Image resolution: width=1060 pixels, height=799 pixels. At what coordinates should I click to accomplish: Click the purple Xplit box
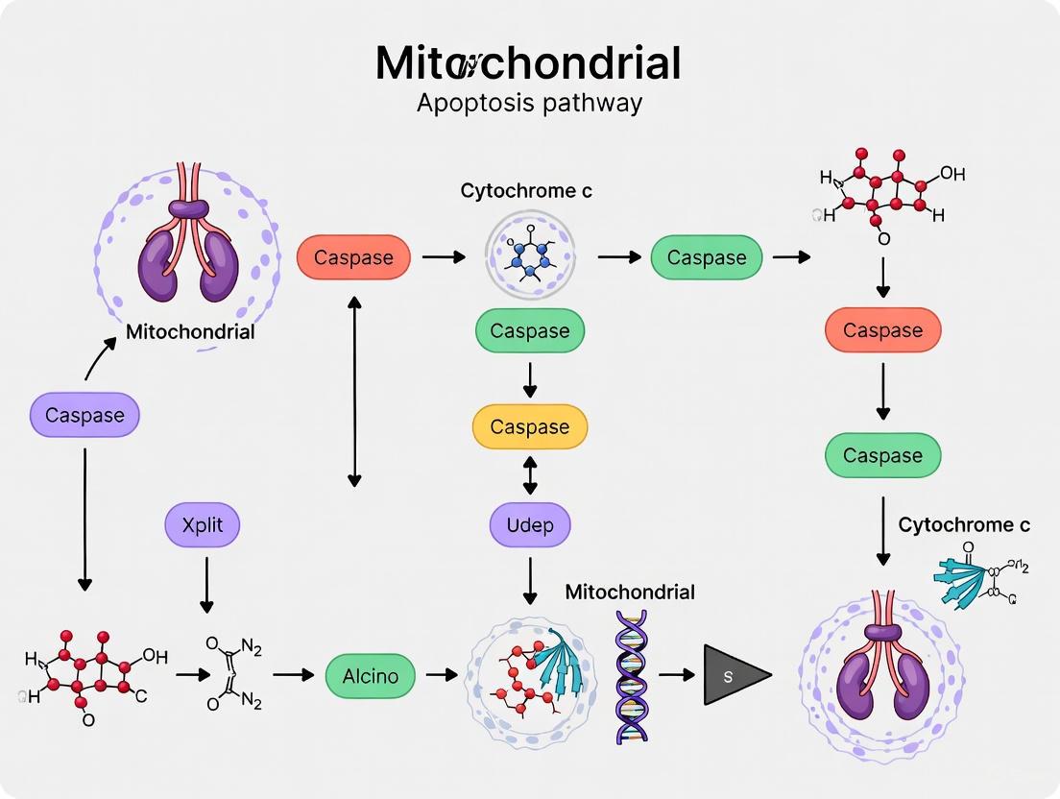point(202,525)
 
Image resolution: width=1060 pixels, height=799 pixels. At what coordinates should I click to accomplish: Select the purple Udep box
point(530,525)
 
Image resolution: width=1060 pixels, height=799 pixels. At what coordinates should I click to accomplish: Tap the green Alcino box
point(371,675)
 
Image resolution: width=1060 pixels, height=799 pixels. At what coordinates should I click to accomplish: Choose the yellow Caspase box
point(530,427)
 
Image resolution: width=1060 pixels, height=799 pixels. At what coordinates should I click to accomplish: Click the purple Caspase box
point(84,416)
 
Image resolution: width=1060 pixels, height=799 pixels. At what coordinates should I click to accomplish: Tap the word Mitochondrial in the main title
point(528,63)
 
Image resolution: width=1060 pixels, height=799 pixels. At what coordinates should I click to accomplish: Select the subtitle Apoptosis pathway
point(529,103)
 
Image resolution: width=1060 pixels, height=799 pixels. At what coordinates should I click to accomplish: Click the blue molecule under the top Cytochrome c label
point(530,252)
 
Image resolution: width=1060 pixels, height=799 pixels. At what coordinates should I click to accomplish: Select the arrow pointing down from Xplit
point(205,585)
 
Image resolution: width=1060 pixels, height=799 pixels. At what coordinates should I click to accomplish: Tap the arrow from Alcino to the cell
point(441,675)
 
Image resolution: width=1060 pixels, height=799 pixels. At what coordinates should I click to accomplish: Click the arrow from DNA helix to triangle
point(676,675)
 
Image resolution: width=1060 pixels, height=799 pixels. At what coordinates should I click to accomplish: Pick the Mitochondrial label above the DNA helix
point(629,592)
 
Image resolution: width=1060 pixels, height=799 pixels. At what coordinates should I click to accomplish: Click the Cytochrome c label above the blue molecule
point(526,191)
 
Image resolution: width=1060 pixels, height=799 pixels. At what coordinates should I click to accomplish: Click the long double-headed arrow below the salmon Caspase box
point(354,391)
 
